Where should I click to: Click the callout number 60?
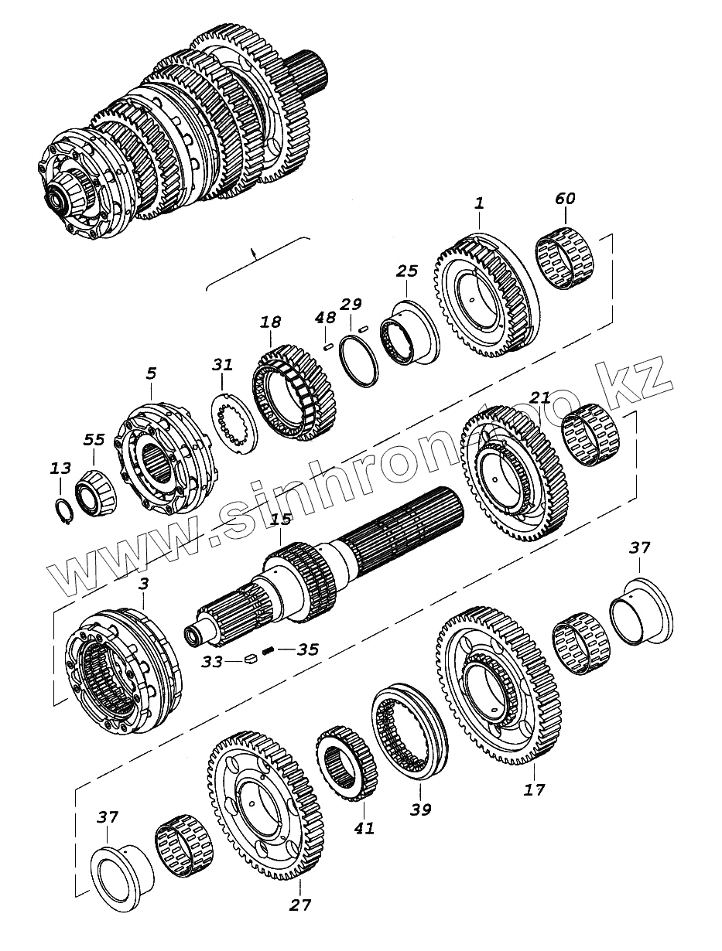(565, 199)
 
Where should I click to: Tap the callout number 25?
(407, 271)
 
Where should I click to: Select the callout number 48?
(326, 317)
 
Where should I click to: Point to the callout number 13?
(60, 469)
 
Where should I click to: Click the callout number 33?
(212, 662)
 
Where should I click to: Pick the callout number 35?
(307, 649)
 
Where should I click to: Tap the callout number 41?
(364, 828)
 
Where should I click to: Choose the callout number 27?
(299, 905)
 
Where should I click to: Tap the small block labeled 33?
(249, 660)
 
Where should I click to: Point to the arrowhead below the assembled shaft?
(252, 251)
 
